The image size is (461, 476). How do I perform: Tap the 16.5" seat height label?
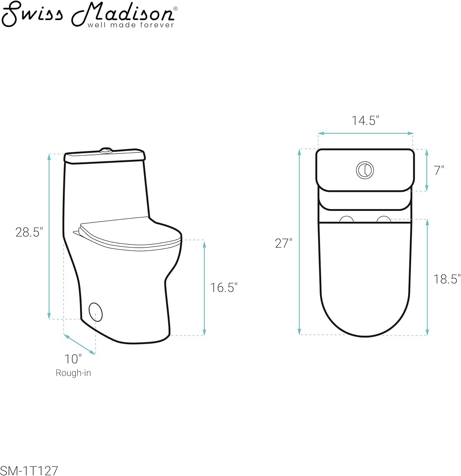tap(224, 288)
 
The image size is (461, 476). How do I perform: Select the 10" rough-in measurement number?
tap(73, 359)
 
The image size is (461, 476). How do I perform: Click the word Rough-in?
tap(73, 373)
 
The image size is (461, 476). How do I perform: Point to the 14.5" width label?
tap(366, 120)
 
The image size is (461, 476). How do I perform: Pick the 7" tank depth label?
tap(439, 170)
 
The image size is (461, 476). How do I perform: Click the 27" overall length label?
tap(284, 243)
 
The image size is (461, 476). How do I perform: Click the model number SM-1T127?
tap(29, 471)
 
